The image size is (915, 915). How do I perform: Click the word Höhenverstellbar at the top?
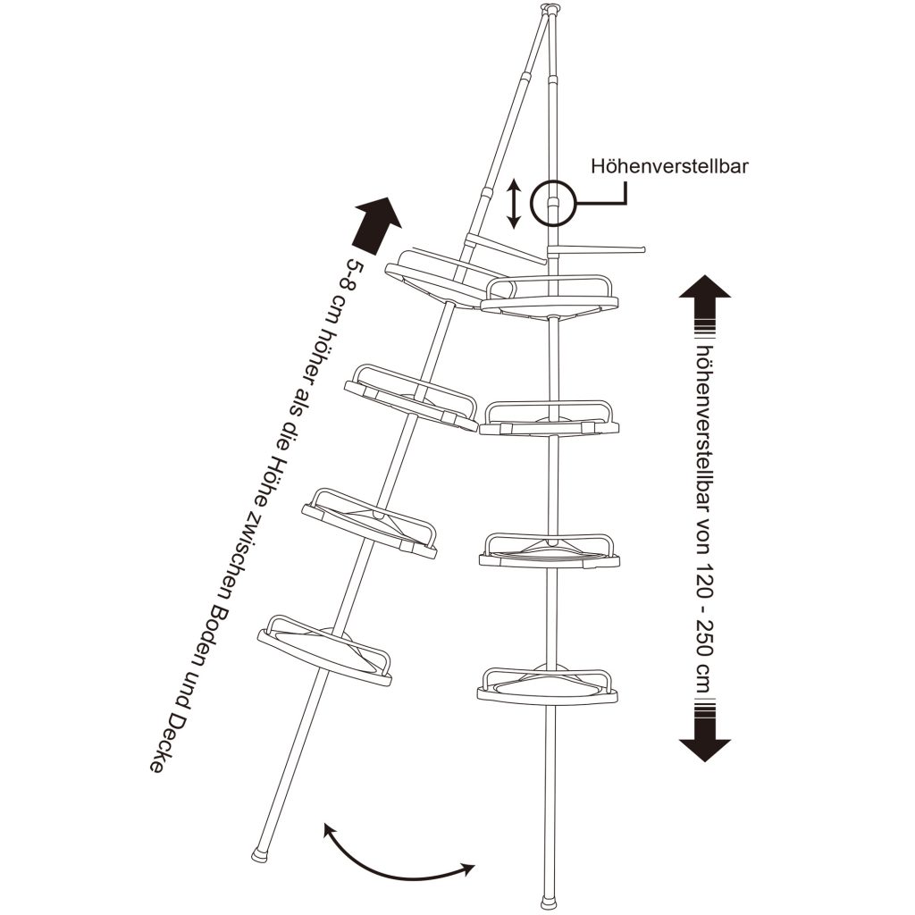[x=668, y=166]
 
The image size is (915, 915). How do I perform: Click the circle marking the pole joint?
[x=551, y=204]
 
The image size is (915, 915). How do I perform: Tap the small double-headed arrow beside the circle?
[x=514, y=203]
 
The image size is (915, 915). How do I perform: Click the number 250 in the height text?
[x=706, y=617]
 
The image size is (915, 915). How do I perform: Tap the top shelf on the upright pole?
[x=550, y=296]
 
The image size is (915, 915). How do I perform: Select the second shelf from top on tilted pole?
[x=412, y=397]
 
